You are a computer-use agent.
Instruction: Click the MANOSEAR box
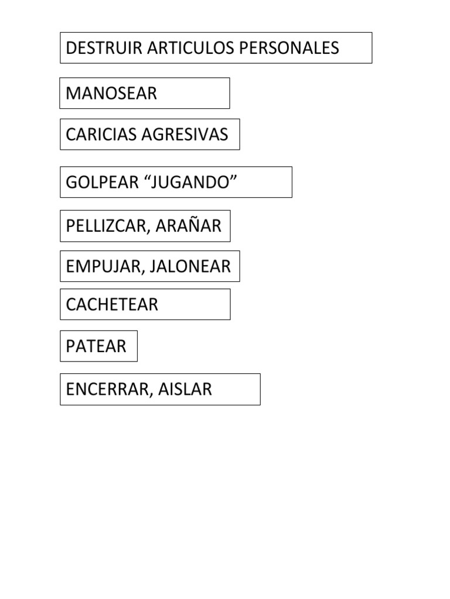[144, 93]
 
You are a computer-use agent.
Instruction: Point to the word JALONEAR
[190, 267]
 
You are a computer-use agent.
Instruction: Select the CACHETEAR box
[145, 304]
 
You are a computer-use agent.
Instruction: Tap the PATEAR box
[98, 346]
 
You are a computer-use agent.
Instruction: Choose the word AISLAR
[186, 389]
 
